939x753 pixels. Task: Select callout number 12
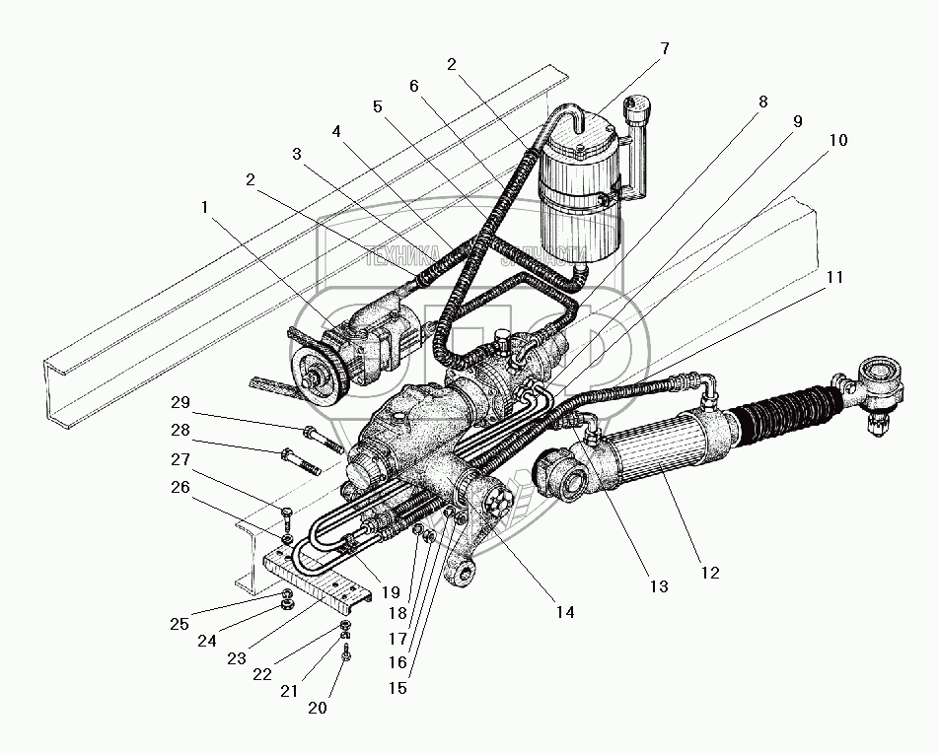click(x=710, y=573)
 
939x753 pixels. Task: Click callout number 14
click(x=564, y=612)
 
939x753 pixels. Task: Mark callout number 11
click(x=834, y=278)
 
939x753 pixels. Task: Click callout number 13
click(x=658, y=586)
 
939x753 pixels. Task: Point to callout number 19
click(x=392, y=592)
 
